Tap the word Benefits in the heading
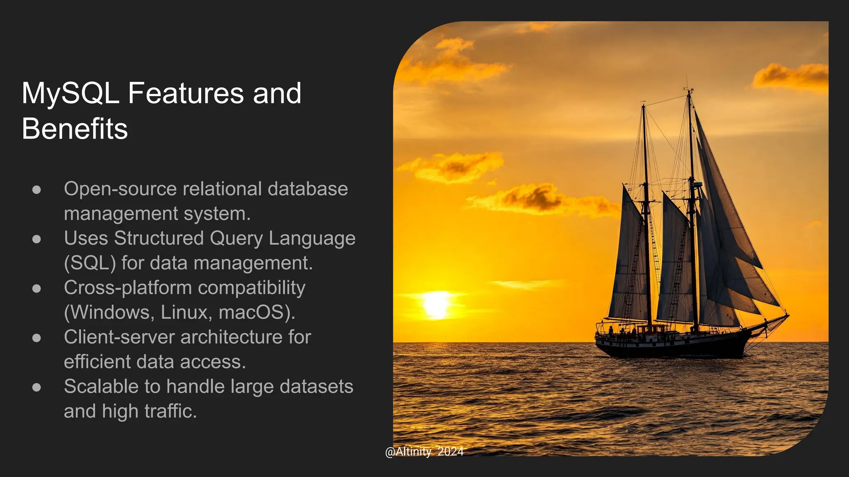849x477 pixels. click(x=75, y=129)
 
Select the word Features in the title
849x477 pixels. click(x=186, y=94)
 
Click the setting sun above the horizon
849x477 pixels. click(x=436, y=304)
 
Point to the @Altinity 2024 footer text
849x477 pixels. click(x=424, y=451)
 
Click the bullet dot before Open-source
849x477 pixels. click(x=36, y=190)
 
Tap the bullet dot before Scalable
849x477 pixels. click(x=36, y=387)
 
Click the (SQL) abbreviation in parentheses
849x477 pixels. click(x=90, y=263)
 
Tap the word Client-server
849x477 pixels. click(x=119, y=337)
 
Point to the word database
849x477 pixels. click(x=308, y=189)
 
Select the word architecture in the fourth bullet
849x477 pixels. click(x=232, y=337)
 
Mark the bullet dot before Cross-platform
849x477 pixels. click(x=36, y=289)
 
